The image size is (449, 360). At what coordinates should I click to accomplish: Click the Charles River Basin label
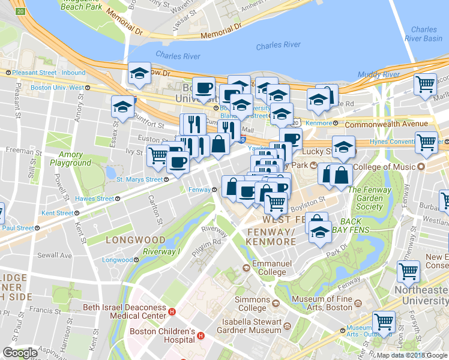pyautogui.click(x=424, y=34)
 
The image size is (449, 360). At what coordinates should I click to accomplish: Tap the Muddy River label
pyautogui.click(x=378, y=74)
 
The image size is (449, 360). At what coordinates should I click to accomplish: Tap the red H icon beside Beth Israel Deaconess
pyautogui.click(x=172, y=311)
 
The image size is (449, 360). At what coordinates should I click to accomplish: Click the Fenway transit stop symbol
pyautogui.click(x=214, y=190)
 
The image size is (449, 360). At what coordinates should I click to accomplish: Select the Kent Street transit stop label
pyautogui.click(x=57, y=213)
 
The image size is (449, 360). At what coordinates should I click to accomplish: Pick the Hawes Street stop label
pyautogui.click(x=95, y=198)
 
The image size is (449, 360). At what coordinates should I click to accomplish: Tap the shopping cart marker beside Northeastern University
pyautogui.click(x=408, y=271)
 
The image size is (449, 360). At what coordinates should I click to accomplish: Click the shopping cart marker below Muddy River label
pyautogui.click(x=426, y=84)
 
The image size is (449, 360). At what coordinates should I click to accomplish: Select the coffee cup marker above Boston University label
pyautogui.click(x=203, y=88)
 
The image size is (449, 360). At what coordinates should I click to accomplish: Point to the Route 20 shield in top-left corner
pyautogui.click(x=20, y=11)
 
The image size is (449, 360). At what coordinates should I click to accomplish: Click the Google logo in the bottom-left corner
pyautogui.click(x=20, y=353)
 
